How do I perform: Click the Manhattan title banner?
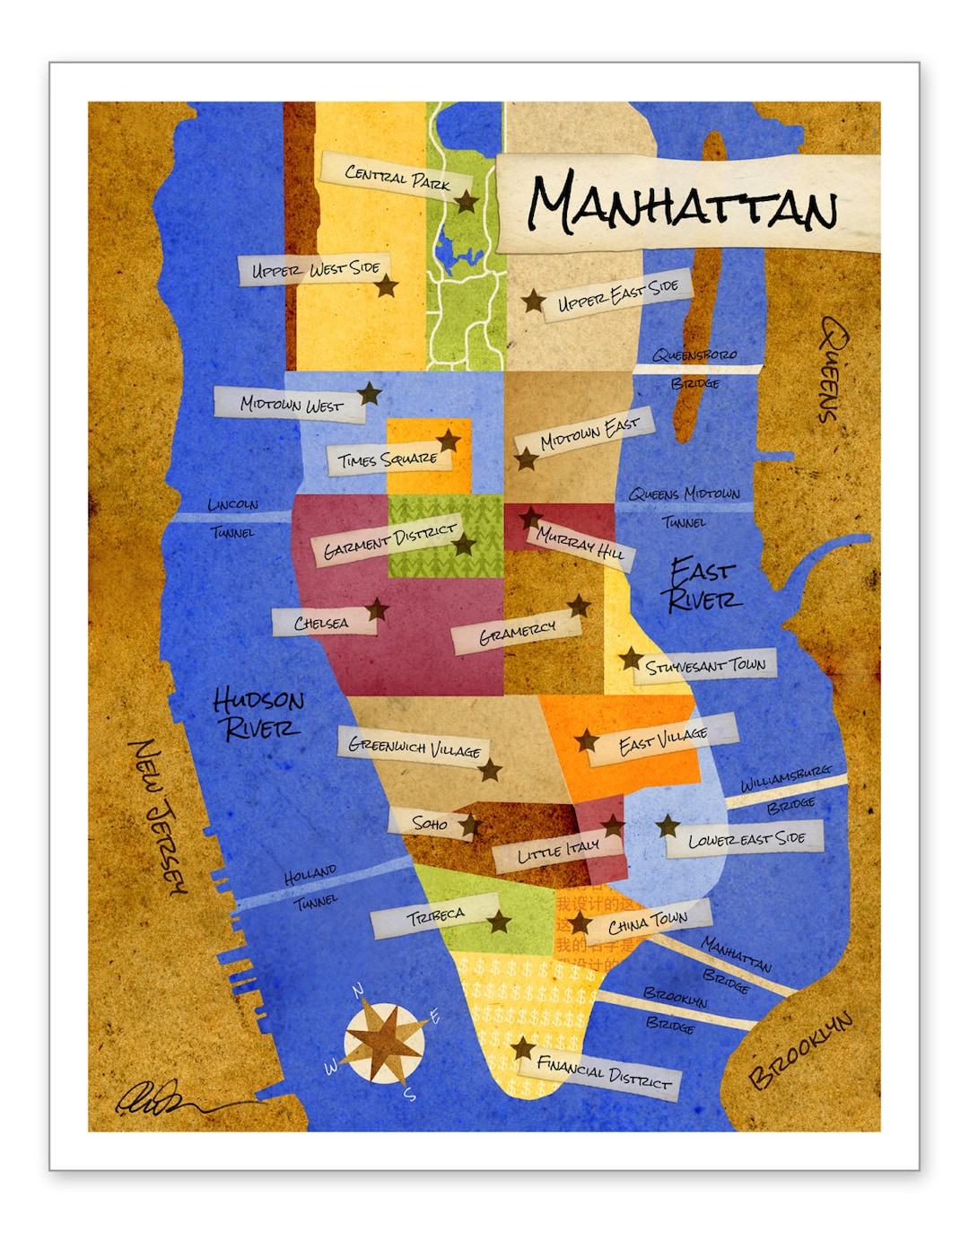686,204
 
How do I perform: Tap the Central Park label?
397,177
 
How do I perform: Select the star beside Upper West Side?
387,286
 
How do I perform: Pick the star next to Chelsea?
378,610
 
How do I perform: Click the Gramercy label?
517,634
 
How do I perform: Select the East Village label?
663,740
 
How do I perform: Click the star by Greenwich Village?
490,770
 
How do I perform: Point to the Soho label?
430,823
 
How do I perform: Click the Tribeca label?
436,918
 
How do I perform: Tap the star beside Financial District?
522,1047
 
